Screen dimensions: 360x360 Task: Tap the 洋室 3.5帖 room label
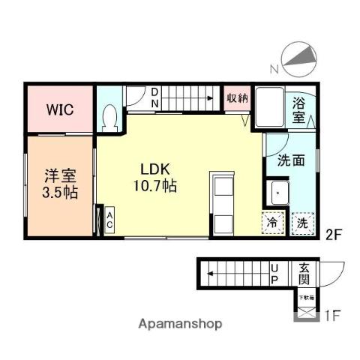pyautogui.click(x=59, y=184)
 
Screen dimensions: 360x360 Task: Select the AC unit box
pyautogui.click(x=109, y=220)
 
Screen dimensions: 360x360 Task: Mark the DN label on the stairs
pyautogui.click(x=154, y=97)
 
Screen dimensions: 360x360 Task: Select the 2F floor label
pyautogui.click(x=334, y=234)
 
